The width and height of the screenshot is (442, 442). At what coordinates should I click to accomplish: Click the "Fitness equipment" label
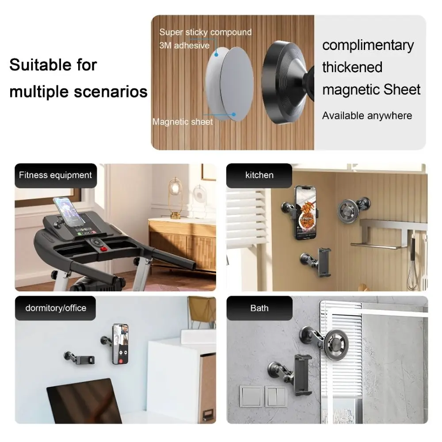[55, 175]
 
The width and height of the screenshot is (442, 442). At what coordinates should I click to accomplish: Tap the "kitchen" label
[259, 175]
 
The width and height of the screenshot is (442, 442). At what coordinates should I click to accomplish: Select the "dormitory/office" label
[55, 308]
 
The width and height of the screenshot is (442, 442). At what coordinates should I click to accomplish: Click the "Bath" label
[259, 308]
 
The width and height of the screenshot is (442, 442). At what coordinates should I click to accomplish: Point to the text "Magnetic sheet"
[183, 122]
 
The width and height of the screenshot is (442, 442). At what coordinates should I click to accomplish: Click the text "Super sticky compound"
[205, 32]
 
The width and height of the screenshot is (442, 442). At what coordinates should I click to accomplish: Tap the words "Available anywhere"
[367, 116]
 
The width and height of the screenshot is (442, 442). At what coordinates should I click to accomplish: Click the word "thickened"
[352, 67]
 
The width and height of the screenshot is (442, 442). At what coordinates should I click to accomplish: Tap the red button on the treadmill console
[103, 249]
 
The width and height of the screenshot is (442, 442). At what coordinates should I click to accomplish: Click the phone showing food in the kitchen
[306, 212]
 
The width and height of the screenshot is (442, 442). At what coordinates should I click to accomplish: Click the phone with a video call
[120, 344]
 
